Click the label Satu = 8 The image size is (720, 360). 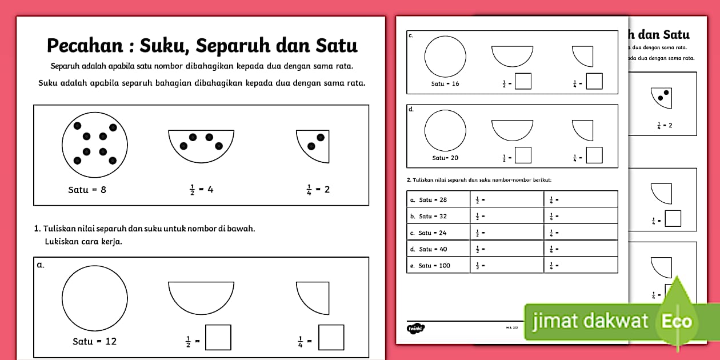pos(87,190)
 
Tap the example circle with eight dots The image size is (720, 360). pos(95,145)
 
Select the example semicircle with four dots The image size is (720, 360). pos(201,143)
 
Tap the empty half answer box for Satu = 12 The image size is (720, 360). pos(218,337)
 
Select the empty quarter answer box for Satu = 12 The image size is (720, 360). pos(331,337)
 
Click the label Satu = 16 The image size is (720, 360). pos(445,83)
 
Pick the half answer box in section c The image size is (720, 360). pos(523,81)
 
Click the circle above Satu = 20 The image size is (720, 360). pos(445,131)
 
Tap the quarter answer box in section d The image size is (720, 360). pos(594,155)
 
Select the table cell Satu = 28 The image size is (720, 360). pos(438,199)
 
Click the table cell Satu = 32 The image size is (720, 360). pos(438,216)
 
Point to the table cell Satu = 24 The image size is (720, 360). pos(438,233)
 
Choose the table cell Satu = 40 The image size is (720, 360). pos(438,249)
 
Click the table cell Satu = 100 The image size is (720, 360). pos(438,265)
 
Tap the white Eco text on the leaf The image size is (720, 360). pos(677,321)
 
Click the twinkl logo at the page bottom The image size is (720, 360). pos(415,328)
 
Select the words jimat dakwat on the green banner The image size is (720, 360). pos(590,321)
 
